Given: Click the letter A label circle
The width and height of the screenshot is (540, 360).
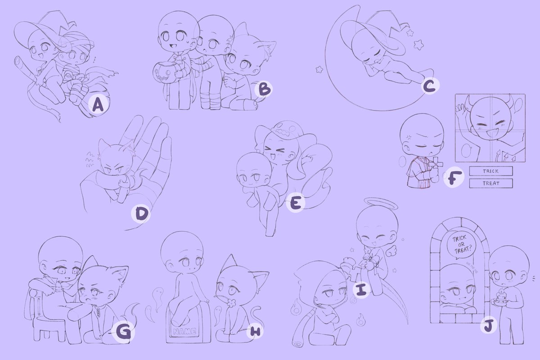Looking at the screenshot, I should [98, 105].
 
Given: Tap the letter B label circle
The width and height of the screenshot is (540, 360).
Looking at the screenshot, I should [263, 90].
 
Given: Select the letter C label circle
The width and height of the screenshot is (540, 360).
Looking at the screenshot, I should [430, 86].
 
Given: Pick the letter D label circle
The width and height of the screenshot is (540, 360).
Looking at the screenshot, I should [140, 215].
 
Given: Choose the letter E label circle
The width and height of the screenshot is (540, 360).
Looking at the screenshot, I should [295, 203].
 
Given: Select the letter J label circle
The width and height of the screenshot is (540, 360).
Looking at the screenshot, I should [487, 326].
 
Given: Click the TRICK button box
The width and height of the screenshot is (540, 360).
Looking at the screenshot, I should [491, 171].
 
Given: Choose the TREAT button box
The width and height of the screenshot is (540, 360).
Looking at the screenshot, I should [491, 183].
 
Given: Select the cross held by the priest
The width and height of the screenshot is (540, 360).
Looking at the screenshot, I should [435, 165].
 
